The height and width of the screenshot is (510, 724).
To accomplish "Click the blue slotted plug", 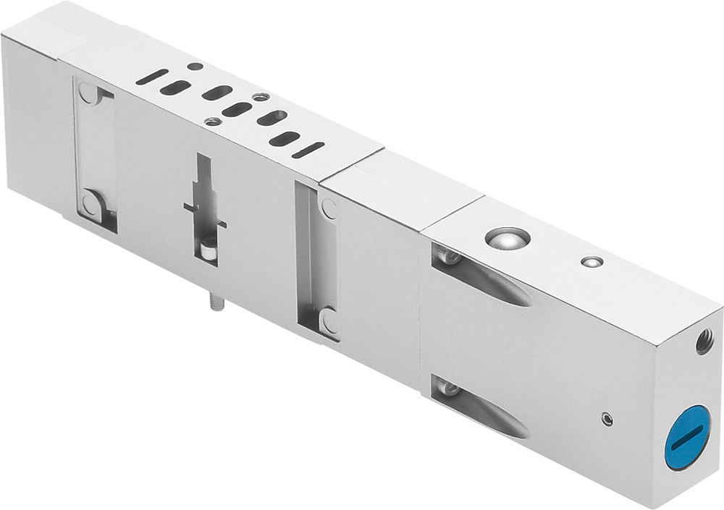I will click(x=687, y=438).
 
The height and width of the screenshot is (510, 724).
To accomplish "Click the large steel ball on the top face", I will click(x=506, y=237).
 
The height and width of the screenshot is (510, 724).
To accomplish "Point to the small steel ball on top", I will click(x=592, y=261).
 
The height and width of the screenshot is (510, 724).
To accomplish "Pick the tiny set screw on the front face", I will click(x=607, y=418).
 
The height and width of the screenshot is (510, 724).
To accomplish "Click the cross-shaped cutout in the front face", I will click(x=204, y=210).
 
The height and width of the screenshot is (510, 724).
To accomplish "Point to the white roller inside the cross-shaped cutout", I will click(x=209, y=250).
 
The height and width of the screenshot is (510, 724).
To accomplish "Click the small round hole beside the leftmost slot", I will click(x=195, y=67).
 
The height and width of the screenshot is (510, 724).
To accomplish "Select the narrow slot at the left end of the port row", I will click(x=152, y=77).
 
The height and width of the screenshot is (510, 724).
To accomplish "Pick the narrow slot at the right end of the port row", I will click(x=308, y=150).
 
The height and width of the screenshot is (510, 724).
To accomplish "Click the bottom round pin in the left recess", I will click(x=91, y=204).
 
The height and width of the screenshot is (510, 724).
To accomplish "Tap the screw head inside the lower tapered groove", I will click(x=447, y=389).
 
